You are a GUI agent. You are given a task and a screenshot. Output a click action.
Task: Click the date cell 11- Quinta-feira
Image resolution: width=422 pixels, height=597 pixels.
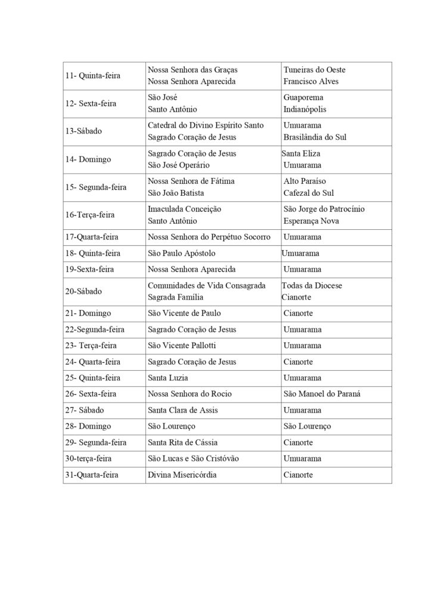point(92,76)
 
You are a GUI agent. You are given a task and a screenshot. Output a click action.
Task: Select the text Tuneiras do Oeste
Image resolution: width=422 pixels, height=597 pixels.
point(314,70)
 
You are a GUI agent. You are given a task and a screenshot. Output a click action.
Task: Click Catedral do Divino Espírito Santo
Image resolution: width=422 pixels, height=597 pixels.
point(206,125)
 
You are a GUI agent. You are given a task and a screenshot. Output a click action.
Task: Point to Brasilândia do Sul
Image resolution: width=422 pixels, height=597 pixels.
point(315,137)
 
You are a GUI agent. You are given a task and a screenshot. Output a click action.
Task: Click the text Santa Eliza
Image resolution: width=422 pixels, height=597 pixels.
point(302,153)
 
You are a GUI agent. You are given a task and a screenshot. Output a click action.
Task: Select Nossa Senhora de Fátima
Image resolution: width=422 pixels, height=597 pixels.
point(191,181)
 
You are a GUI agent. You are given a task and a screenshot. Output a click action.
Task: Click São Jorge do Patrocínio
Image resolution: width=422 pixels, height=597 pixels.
point(324,209)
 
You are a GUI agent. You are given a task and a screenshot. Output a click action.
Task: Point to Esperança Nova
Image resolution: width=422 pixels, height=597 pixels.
point(311,221)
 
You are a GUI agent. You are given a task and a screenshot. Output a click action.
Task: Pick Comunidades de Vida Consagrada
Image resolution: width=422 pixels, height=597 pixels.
point(206,285)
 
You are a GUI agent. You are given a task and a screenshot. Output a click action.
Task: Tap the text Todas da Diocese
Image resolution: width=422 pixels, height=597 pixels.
point(312,285)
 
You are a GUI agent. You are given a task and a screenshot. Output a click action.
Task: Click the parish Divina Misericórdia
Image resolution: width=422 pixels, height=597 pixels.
point(182,475)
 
